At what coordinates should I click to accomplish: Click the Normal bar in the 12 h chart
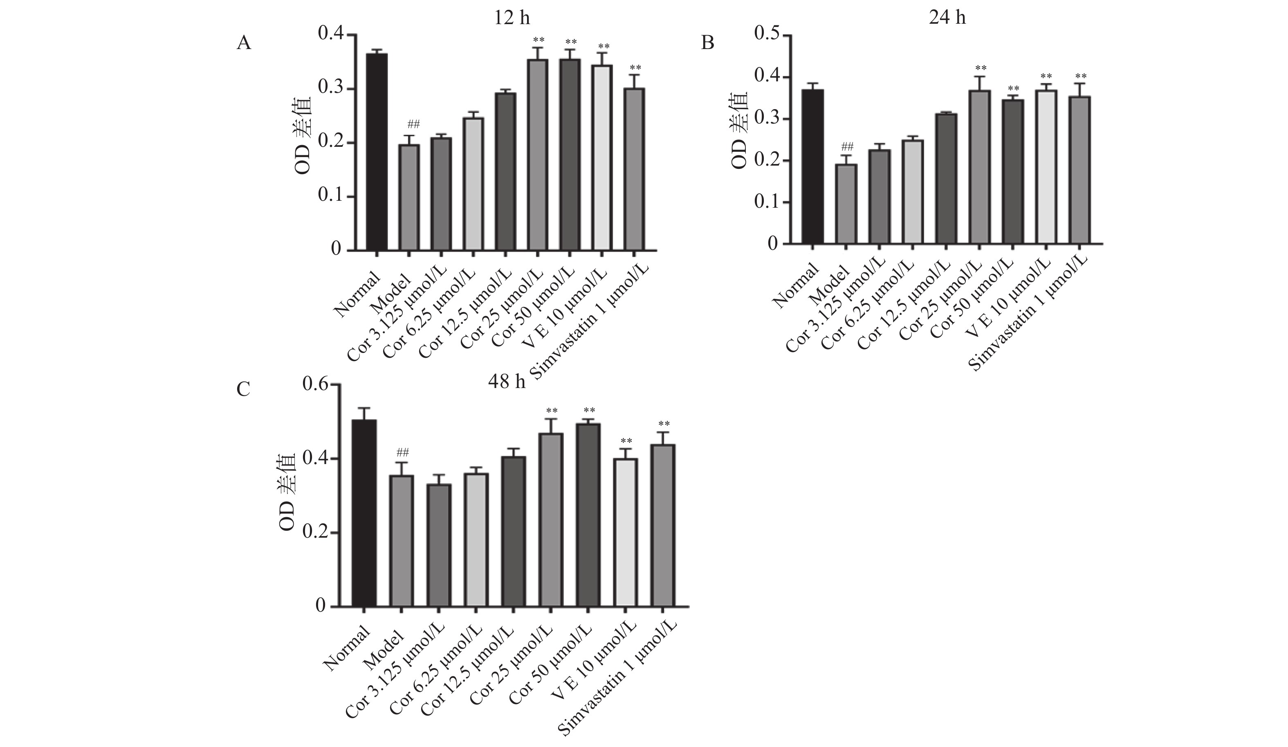(x=376, y=152)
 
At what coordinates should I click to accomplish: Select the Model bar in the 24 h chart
(x=846, y=204)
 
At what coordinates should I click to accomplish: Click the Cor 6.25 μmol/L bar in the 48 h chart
(x=476, y=540)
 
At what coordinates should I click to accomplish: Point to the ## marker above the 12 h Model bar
(x=413, y=124)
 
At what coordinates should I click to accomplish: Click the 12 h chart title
(x=512, y=18)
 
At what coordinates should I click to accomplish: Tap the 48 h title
(x=507, y=381)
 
